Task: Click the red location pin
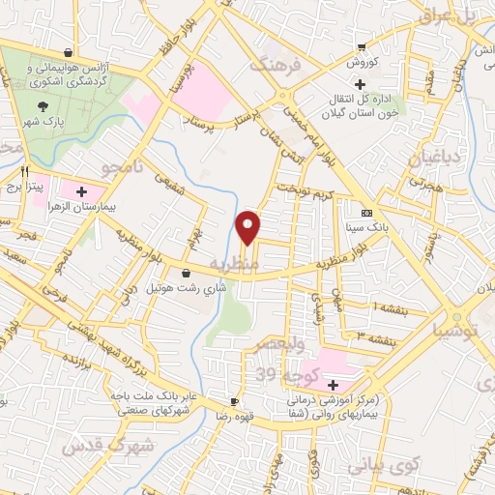click(248, 226)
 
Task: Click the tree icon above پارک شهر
click(42, 106)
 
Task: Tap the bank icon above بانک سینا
click(365, 212)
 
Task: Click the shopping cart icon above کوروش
click(361, 45)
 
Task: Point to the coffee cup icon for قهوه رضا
click(234, 400)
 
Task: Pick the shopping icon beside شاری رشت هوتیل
click(185, 273)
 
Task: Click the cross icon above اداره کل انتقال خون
click(360, 84)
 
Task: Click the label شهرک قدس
click(106, 447)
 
